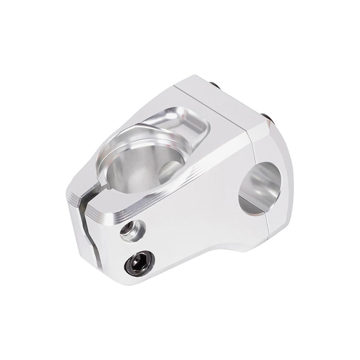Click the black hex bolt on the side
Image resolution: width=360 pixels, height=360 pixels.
click(x=139, y=263)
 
